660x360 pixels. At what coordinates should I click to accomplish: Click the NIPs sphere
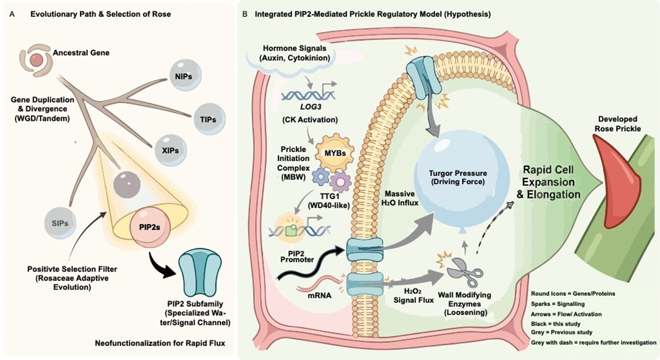pos(185,76)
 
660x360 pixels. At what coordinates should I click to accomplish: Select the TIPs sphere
pos(210,119)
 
